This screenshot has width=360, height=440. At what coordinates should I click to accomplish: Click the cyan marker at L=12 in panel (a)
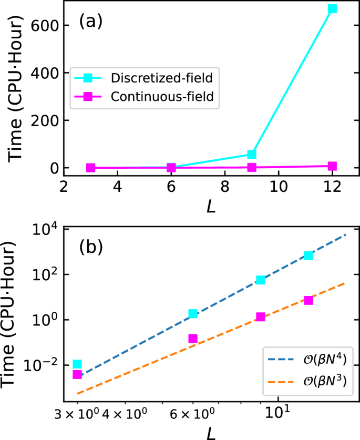click(332, 8)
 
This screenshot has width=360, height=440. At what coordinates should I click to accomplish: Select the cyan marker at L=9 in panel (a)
click(252, 154)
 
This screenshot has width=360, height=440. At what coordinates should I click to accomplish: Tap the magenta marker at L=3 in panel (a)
click(90, 168)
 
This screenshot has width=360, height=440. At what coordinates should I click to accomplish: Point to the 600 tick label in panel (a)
click(43, 25)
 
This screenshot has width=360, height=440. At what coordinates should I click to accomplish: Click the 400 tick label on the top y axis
click(43, 73)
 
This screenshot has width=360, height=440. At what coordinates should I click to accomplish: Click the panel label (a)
click(90, 22)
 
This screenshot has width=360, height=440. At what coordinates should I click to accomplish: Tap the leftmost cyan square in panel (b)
click(77, 364)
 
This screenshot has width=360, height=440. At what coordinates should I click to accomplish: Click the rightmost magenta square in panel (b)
click(308, 300)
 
